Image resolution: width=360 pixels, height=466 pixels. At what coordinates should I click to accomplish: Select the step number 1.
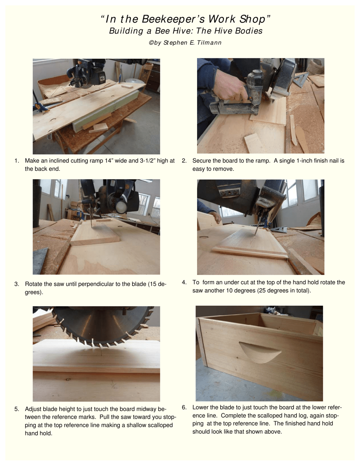[x=16, y=161]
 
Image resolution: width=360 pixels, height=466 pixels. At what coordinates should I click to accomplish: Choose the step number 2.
[x=184, y=161]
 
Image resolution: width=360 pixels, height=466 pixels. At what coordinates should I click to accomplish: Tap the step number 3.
[x=16, y=284]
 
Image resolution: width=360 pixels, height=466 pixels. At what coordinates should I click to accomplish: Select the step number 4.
[x=184, y=282]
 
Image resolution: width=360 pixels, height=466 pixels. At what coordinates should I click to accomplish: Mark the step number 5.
[x=16, y=409]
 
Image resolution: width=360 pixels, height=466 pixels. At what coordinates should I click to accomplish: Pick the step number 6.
[x=184, y=408]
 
